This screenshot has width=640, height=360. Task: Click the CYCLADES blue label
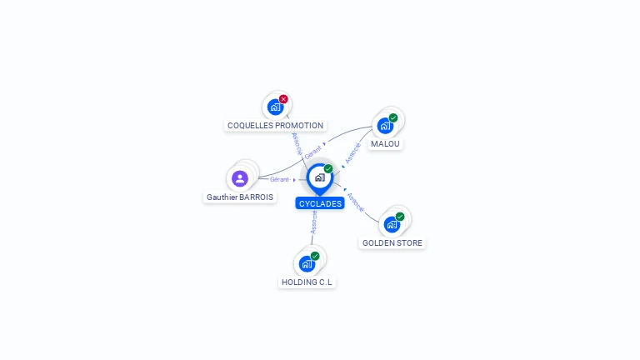[319, 204]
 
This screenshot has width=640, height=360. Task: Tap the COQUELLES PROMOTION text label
[275, 126]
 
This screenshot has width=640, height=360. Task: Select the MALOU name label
[385, 144]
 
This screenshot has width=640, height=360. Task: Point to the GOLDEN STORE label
[392, 243]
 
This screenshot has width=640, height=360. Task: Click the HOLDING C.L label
[307, 282]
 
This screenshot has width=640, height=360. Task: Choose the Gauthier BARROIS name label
[239, 197]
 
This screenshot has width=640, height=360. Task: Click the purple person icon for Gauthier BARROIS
[240, 178]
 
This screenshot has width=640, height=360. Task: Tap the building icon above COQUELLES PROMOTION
[275, 107]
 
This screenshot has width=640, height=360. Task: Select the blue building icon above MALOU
[384, 125]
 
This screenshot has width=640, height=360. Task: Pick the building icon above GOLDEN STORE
[391, 224]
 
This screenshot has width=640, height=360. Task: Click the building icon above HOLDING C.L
[306, 263]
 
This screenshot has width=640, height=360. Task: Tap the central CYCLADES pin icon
[319, 177]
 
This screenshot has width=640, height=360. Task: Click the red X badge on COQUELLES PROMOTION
[283, 99]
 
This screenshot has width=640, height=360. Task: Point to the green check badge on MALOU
[393, 117]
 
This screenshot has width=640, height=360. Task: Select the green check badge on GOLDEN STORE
[400, 217]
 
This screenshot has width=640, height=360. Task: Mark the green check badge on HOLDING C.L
[315, 256]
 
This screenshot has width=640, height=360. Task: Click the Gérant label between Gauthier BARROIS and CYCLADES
[279, 179]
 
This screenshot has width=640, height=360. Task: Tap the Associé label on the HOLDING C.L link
[313, 221]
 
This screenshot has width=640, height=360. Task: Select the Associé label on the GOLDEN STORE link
[354, 202]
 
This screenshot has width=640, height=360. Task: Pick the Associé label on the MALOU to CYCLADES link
[352, 153]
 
